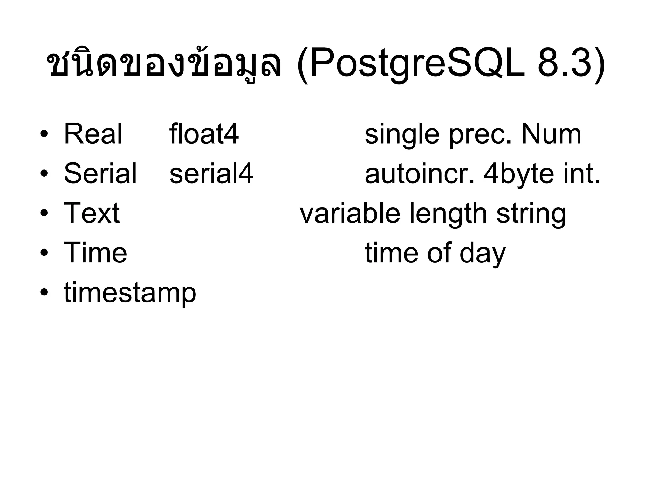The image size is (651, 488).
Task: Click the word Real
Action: point(93,134)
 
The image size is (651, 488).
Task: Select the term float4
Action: point(204,134)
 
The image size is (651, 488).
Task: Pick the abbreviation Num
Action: point(551,134)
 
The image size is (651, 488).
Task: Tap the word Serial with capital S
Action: point(100,173)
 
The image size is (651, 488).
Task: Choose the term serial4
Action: point(211,173)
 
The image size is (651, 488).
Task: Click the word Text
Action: point(92,213)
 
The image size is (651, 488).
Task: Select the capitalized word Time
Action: point(95,253)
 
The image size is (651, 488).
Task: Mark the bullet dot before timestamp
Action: point(44,292)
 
